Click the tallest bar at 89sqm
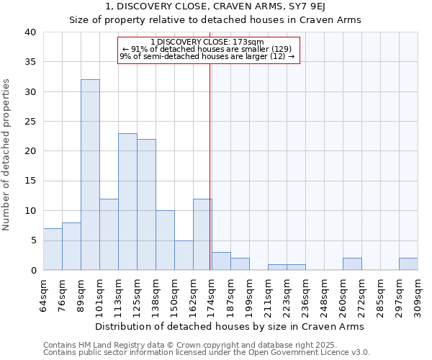coord(90,175)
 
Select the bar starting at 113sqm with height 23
coord(127,202)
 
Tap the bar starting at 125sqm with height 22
coord(146,204)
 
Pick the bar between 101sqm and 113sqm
coord(109,234)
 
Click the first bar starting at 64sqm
coord(53,249)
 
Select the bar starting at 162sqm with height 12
coord(202,234)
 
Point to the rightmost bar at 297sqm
coord(408,264)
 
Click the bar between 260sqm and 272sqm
coord(352,264)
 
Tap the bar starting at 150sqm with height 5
coord(184,255)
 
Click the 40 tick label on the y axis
coord(30,32)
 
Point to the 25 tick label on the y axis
coord(30,122)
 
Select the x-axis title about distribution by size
coord(230,326)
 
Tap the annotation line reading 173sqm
coord(207,42)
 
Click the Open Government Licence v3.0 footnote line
coord(207,353)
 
